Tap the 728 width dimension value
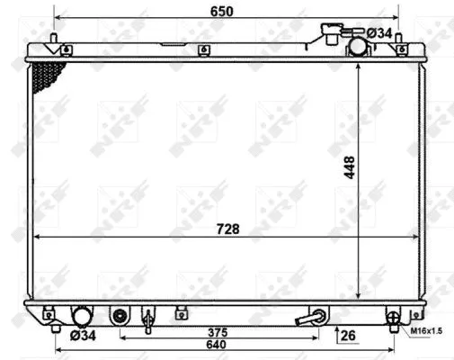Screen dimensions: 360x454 pos(227,229)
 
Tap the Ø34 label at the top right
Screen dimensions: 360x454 pos(380,33)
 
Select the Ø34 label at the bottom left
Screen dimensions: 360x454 pos(83,337)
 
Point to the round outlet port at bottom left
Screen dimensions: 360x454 pos(82,317)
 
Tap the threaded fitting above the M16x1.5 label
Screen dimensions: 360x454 pos(391,317)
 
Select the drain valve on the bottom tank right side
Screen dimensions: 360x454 pos(316,318)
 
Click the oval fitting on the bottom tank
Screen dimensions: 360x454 pos(120,317)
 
